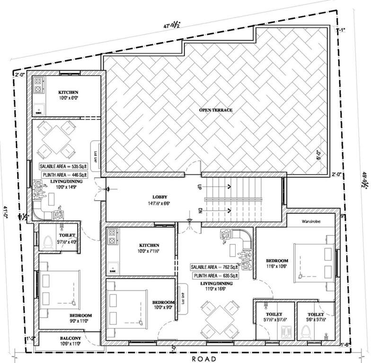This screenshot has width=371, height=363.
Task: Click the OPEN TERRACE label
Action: tap(215, 110)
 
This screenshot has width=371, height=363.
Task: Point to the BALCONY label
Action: tap(70, 338)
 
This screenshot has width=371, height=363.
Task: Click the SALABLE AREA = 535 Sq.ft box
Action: tap(64, 166)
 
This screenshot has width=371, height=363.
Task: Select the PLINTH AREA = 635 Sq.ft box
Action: tap(216, 275)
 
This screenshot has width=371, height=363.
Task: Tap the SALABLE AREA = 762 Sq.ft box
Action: tap(215, 266)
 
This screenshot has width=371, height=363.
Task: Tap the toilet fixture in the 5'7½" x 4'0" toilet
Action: tap(47, 242)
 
